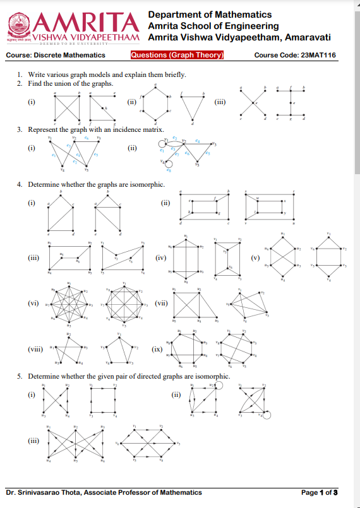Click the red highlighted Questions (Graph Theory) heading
[x=177, y=55]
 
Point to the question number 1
[x=20, y=74]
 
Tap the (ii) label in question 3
[x=132, y=149]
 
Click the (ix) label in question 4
[x=157, y=348]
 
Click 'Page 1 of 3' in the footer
[x=320, y=492]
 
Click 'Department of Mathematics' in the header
[x=210, y=15]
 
